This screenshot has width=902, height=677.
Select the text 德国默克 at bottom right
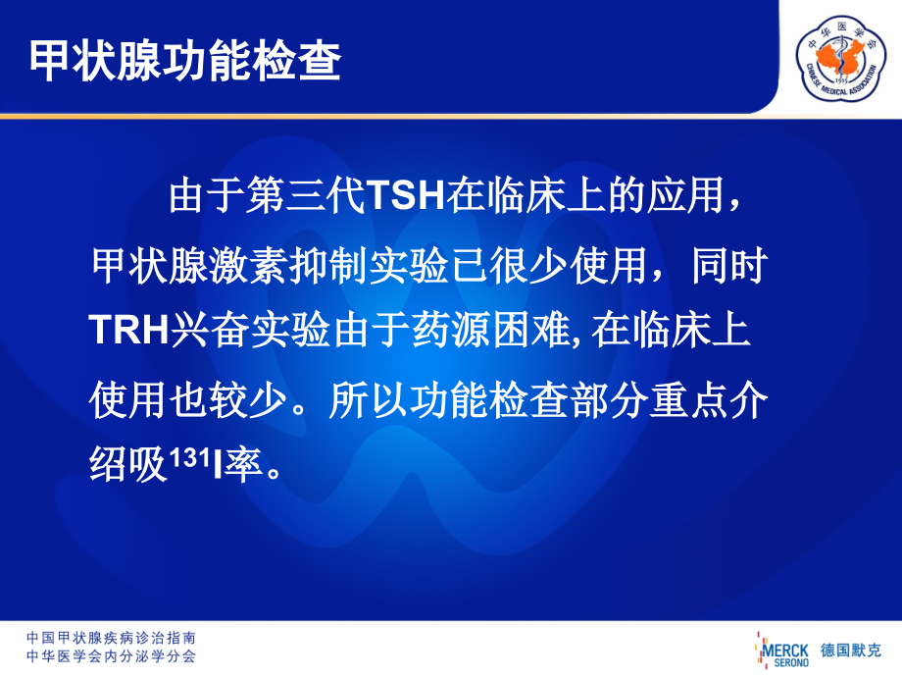point(851,650)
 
